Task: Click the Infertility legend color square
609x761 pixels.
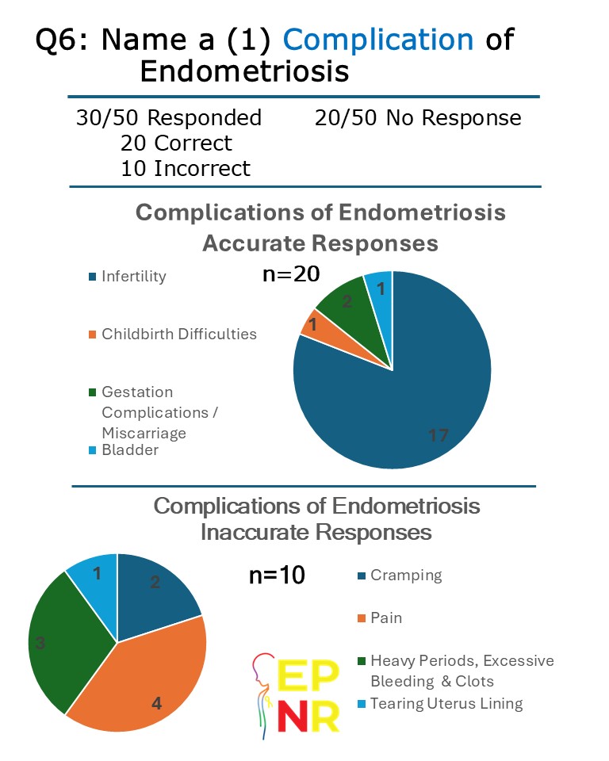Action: pos(92,277)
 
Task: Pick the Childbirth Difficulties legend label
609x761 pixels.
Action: pos(179,334)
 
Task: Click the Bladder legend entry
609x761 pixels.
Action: pos(130,450)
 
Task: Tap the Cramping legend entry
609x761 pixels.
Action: pos(406,576)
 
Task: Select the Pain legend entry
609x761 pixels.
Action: pos(386,618)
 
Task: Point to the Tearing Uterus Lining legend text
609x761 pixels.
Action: pos(447,703)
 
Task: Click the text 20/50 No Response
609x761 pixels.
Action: pos(418,118)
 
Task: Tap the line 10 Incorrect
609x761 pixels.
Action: pos(186,168)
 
